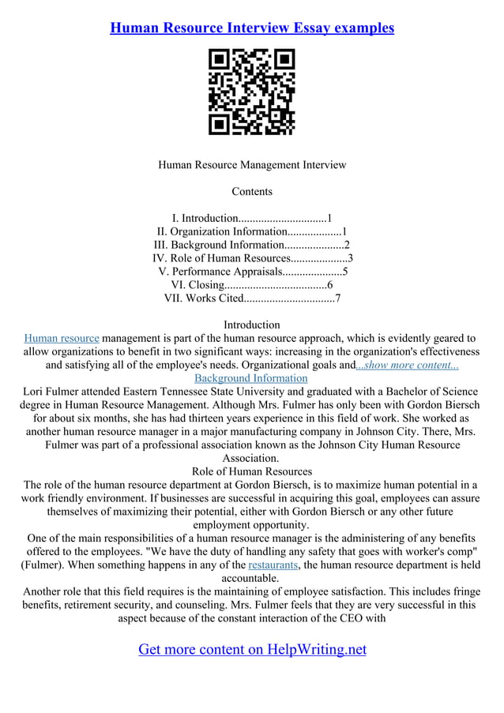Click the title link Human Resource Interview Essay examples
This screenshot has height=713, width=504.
252,28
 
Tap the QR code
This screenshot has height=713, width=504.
251,92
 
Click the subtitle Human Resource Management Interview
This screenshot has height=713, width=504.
252,165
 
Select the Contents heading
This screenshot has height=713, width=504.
252,191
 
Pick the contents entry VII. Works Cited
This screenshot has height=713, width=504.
252,298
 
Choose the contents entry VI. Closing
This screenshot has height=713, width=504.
252,284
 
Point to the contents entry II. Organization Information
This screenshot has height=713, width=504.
252,231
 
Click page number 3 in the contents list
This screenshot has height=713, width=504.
350,258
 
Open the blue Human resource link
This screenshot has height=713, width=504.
62,338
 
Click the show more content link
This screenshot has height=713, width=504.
408,365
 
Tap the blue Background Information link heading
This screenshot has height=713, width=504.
252,378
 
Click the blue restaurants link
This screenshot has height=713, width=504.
273,565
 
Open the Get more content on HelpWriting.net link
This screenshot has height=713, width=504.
252,649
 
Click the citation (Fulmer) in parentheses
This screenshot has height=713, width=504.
43,565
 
